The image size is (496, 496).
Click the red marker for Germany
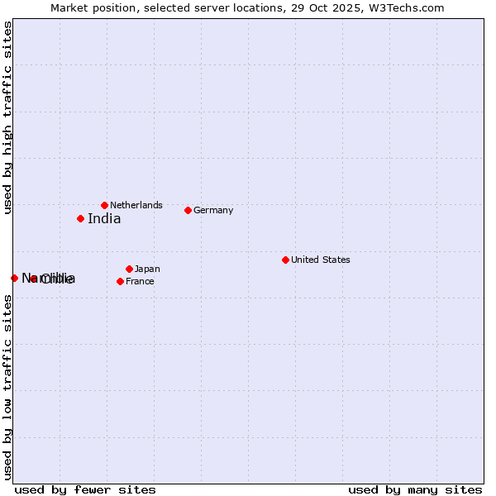188,210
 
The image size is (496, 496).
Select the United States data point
285,260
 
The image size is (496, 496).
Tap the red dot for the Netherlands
104,205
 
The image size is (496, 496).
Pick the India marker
80,218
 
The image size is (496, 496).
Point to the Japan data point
129,269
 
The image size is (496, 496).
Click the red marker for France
120,281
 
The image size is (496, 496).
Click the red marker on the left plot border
14,278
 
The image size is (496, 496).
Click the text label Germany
213,210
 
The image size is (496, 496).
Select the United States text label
320,260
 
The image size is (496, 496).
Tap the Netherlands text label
136,205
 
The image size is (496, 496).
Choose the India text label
104,219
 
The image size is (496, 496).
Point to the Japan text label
147,269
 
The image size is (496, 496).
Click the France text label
140,281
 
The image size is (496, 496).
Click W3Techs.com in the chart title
407,8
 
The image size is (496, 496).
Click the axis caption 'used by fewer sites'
84,489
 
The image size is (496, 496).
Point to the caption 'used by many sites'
415,489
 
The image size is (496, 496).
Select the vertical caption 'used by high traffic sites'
7,117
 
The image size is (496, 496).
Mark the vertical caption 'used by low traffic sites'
7,386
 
